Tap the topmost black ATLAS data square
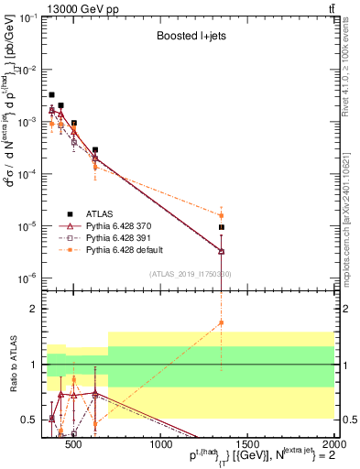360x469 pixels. point(51,94)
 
